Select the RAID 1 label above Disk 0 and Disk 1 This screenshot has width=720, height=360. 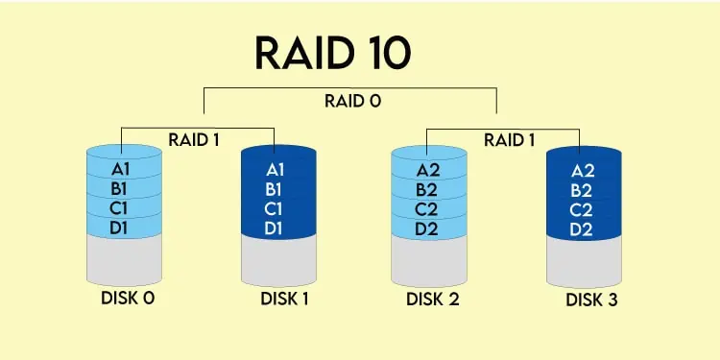[x=195, y=139]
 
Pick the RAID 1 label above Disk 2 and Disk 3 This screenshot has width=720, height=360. [x=510, y=139]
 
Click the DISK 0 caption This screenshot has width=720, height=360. [x=128, y=298]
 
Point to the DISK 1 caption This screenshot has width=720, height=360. [x=284, y=299]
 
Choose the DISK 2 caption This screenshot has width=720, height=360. [x=432, y=299]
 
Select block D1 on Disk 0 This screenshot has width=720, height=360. [x=121, y=227]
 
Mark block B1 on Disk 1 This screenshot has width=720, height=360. [x=275, y=188]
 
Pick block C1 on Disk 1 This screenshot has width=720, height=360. [x=275, y=208]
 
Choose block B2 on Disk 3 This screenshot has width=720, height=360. [x=583, y=190]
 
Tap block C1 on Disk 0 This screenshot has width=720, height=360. [x=121, y=206]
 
